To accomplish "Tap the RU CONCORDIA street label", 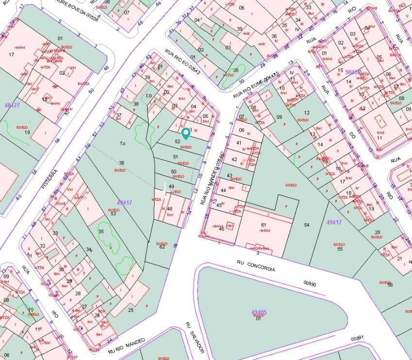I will (256, 265).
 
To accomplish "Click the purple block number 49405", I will (259, 312).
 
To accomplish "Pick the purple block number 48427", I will (12, 105).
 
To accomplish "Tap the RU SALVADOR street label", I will (194, 338).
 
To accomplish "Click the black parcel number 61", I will (264, 225).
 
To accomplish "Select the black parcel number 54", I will (306, 225).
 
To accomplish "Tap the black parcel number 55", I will (340, 249).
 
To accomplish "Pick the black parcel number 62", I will (162, 247).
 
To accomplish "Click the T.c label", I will (123, 143).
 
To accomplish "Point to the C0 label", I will (149, 96).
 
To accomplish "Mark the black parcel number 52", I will (178, 141).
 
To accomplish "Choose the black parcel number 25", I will (131, 310).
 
